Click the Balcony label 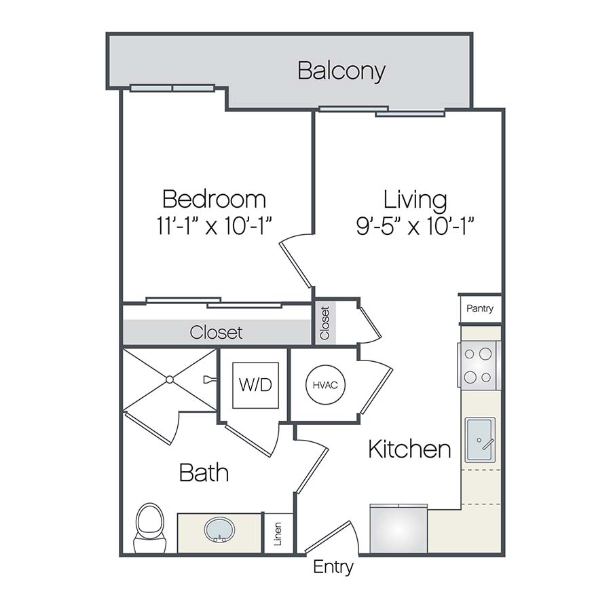point(341,71)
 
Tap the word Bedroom point(214,199)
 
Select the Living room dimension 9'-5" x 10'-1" point(415,225)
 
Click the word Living point(415,200)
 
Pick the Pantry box point(480,309)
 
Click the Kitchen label point(409,449)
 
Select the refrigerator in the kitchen point(399,530)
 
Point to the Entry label point(333,567)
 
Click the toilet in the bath point(149,527)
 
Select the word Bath point(204,473)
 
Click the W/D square point(255,385)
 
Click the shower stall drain point(170,379)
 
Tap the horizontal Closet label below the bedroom point(216,333)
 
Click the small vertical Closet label point(325,323)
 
